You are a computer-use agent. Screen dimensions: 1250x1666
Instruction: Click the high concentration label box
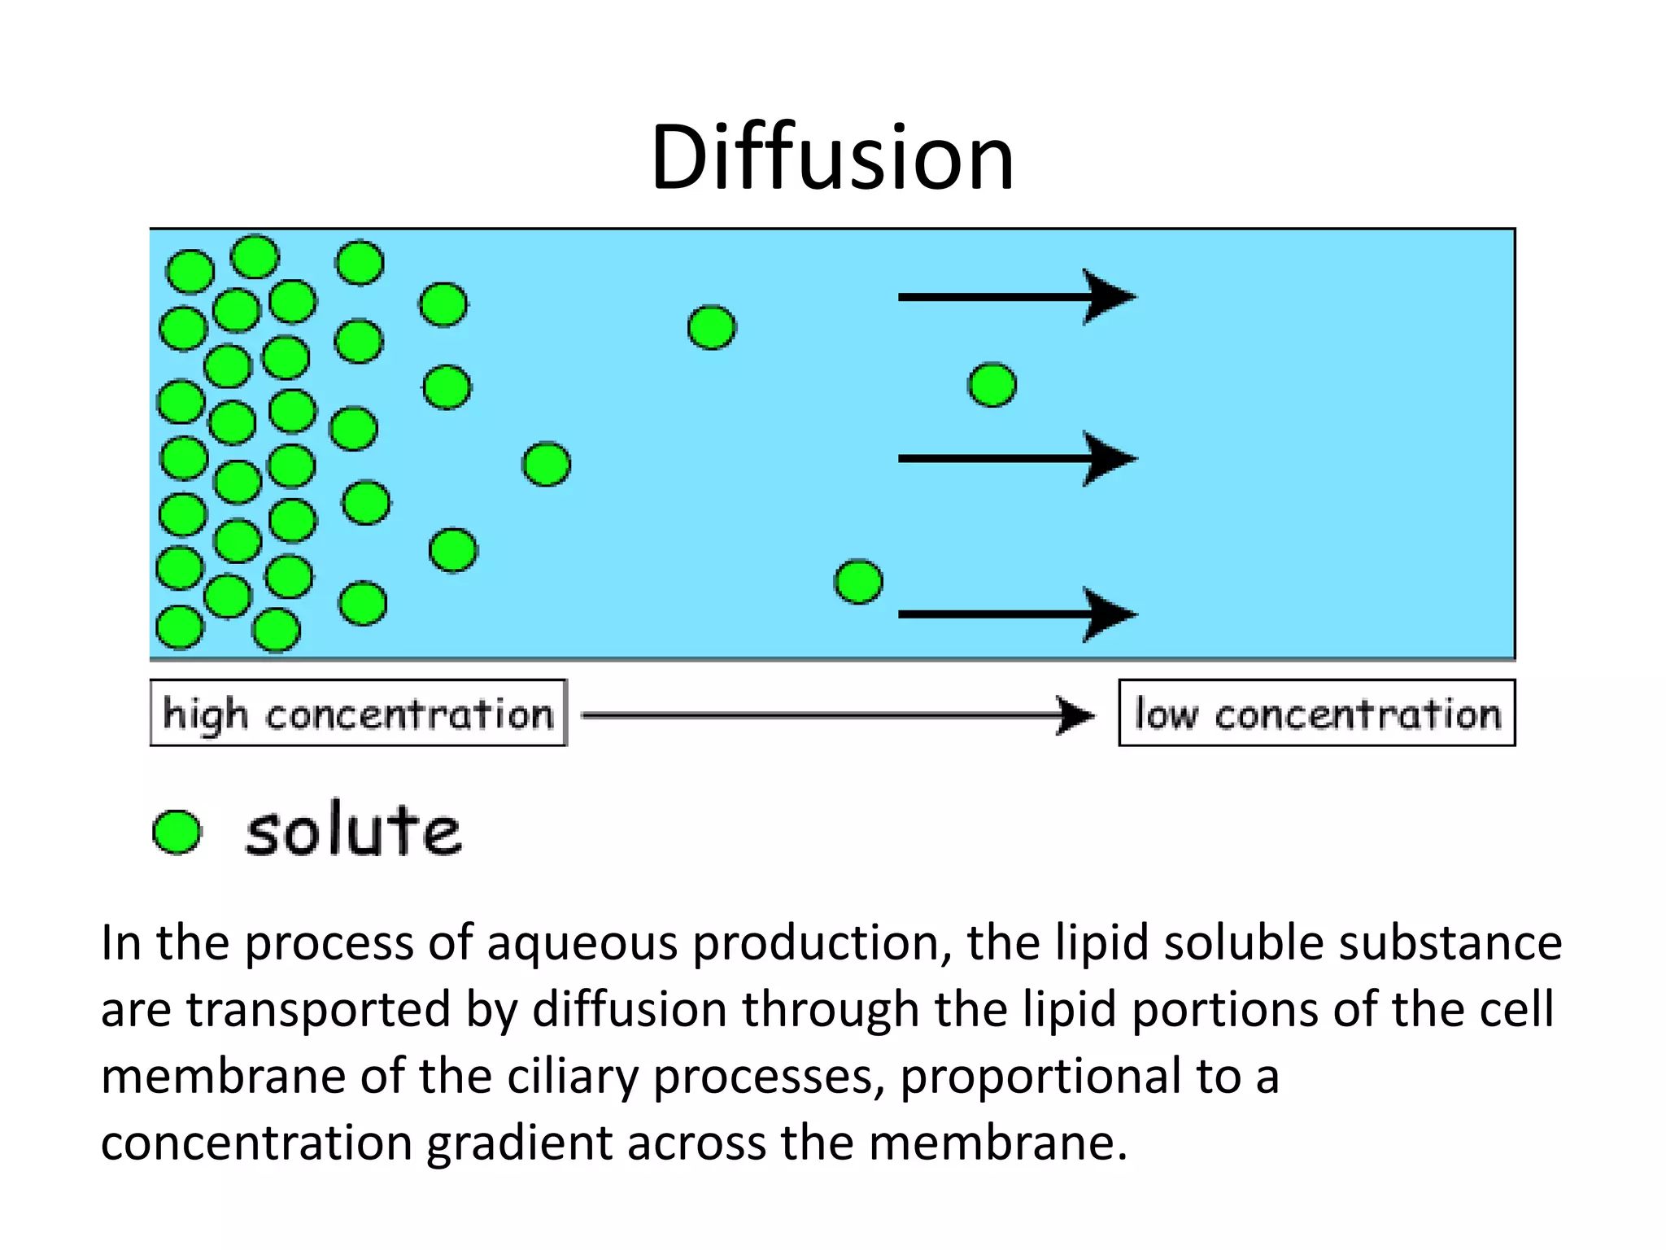[x=358, y=713]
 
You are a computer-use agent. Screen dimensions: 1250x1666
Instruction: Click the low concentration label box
[x=1316, y=713]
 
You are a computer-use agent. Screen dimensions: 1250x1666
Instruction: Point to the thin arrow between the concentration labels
[x=838, y=715]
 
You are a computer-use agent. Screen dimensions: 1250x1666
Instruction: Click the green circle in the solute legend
[x=177, y=832]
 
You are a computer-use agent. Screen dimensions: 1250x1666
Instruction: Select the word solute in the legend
[x=354, y=832]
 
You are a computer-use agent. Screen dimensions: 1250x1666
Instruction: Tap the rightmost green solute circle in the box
[x=992, y=385]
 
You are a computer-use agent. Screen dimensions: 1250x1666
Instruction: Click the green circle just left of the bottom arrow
[x=858, y=582]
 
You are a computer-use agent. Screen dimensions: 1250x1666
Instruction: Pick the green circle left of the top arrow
[x=712, y=327]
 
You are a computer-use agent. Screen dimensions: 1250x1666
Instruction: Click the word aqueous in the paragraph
[x=582, y=944]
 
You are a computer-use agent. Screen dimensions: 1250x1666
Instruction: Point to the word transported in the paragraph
[x=318, y=1010]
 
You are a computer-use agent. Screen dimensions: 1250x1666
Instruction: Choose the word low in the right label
[x=1166, y=714]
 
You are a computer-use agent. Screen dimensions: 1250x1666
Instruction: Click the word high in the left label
[x=205, y=714]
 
